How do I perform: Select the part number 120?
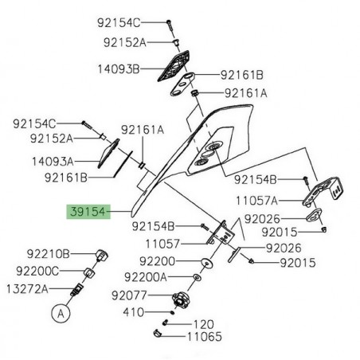(x=205, y=325)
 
